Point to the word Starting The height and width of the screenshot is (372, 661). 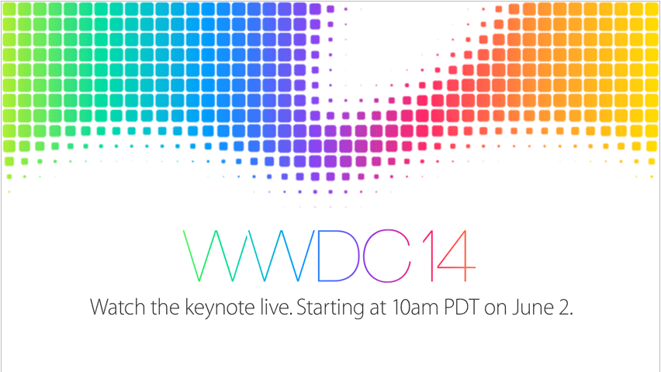point(330,308)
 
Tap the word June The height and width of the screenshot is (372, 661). point(533,308)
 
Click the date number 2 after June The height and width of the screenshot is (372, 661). point(566,307)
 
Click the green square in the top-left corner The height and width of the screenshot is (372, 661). point(9,9)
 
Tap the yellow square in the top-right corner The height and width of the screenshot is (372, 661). point(652,9)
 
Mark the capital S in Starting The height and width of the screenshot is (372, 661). point(302,307)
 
